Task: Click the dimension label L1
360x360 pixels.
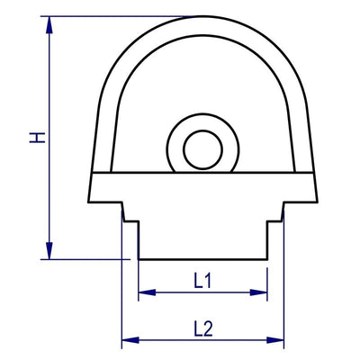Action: click(x=203, y=280)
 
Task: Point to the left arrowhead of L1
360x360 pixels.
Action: click(x=144, y=292)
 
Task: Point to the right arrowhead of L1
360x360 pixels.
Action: click(x=264, y=292)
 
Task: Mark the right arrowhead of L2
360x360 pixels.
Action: click(x=279, y=340)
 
